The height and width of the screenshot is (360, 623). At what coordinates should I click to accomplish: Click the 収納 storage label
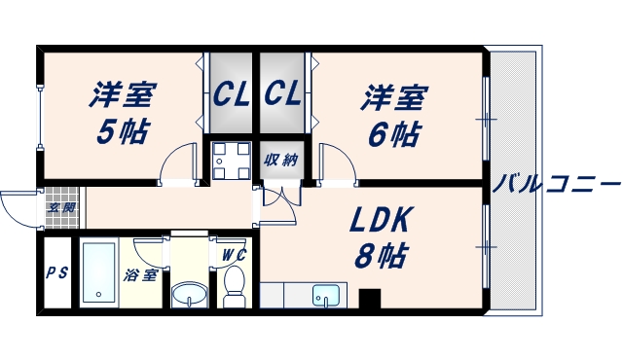pos(280,160)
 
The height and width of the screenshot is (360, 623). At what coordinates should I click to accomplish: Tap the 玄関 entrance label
pos(61,206)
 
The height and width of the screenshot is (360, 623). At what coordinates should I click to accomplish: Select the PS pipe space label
pos(56,272)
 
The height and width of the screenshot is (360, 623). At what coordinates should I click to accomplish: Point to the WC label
pos(235,255)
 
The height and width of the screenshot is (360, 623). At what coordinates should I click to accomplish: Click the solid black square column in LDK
pos(370,300)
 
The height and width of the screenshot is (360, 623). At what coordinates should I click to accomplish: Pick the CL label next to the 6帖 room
pos(282,95)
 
